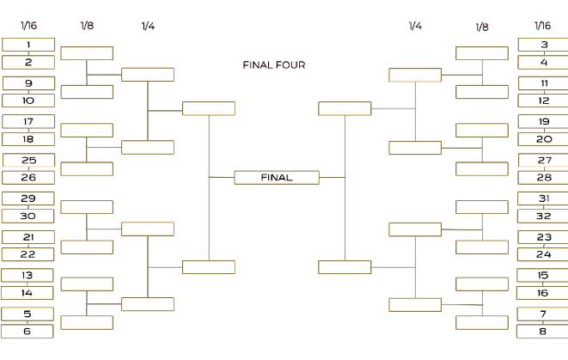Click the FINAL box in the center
277,178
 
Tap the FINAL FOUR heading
273,64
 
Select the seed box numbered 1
28,45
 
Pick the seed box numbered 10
28,101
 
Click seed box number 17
28,122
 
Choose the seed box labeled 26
28,178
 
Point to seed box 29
28,198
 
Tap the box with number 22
28,254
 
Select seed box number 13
28,276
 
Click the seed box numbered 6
28,332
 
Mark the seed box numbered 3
543,45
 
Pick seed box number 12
543,101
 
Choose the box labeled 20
543,139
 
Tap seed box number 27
543,160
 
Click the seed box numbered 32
543,216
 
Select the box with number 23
543,237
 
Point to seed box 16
543,293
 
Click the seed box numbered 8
543,332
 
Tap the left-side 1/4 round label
148,26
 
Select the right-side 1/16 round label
542,26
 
